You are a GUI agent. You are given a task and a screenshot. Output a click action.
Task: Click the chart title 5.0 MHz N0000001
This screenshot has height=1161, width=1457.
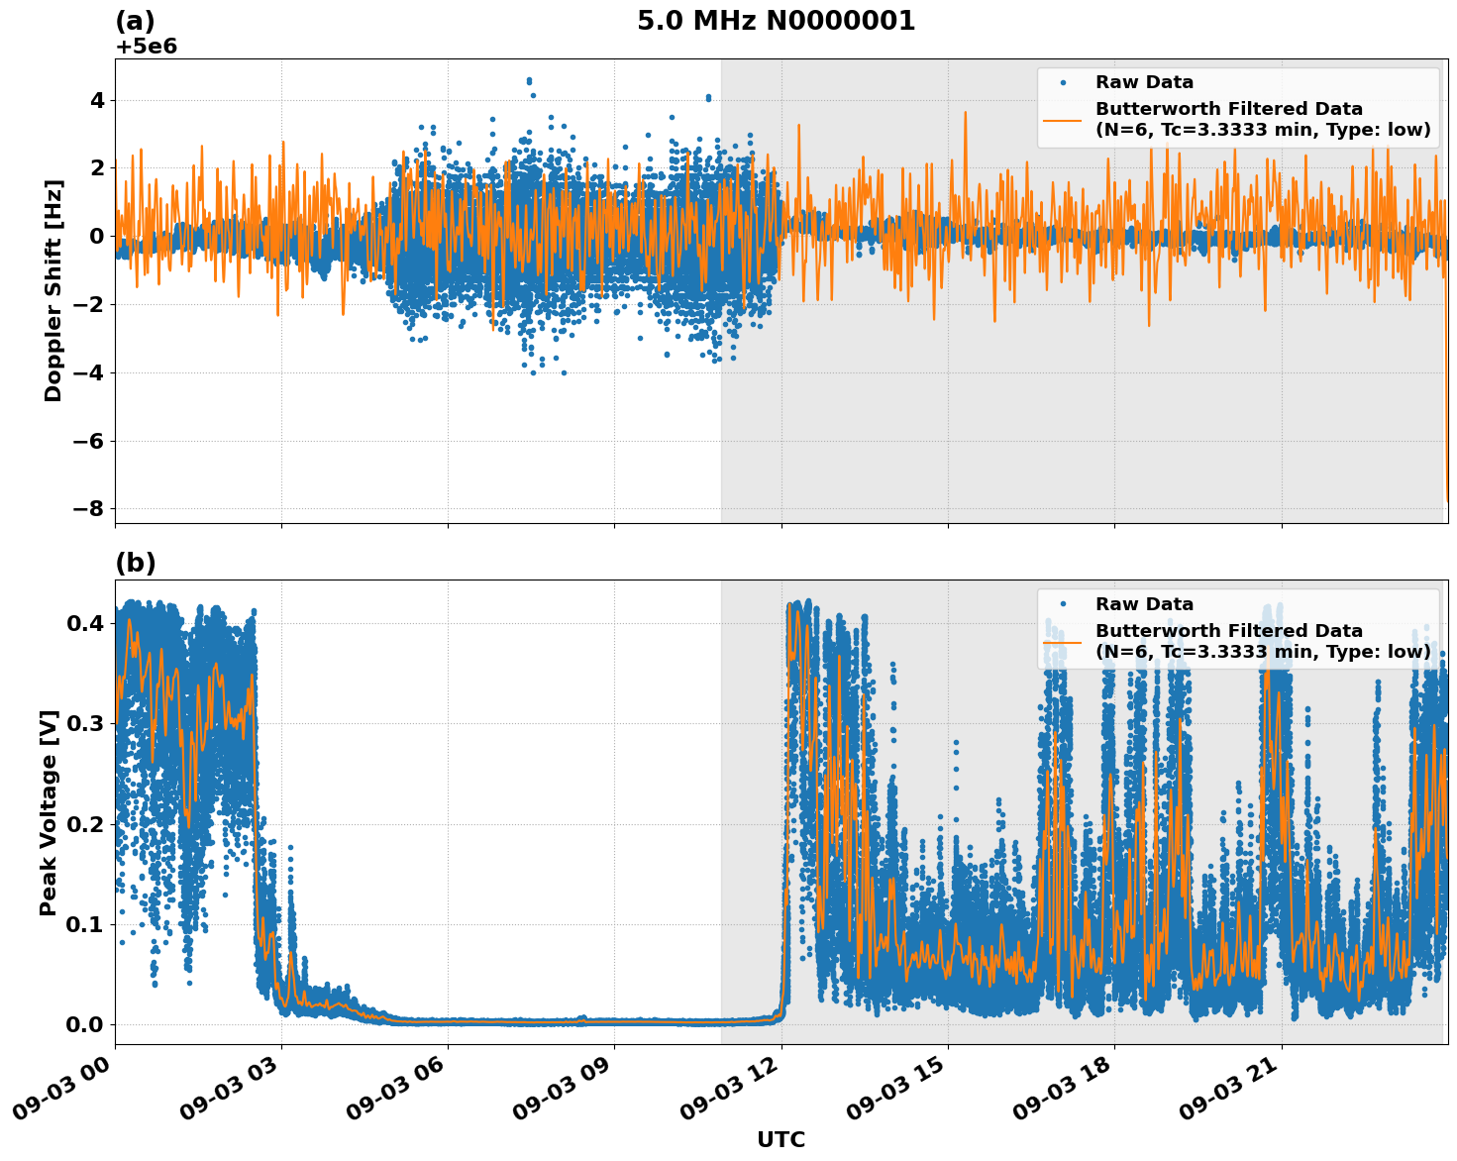[776, 21]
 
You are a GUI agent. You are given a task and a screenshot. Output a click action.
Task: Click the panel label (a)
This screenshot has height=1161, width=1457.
[135, 21]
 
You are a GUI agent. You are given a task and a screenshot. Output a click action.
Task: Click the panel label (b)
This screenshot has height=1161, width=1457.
[135, 563]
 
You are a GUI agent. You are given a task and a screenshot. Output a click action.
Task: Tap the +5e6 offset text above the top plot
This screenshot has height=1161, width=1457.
[146, 47]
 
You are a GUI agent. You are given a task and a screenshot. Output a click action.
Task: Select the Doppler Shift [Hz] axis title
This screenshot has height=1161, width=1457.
[53, 290]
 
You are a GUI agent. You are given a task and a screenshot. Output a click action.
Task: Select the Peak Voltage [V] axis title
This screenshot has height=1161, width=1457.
[49, 812]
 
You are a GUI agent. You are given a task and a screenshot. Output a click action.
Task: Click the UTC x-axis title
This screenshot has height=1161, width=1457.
[781, 1139]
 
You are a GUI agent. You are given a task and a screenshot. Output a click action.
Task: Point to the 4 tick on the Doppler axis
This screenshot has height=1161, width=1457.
[97, 100]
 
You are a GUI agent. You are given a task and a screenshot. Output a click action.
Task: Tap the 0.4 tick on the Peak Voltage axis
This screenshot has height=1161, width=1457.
[85, 623]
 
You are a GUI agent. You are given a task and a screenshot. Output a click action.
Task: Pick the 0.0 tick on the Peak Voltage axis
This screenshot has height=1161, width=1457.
[85, 1024]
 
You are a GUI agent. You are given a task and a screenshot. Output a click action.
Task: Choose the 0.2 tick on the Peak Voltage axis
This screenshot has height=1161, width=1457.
[85, 824]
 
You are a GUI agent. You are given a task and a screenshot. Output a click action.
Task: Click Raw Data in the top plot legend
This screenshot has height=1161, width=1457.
[1144, 82]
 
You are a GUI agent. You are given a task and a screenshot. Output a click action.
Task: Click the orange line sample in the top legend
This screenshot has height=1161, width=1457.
[1062, 119]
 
